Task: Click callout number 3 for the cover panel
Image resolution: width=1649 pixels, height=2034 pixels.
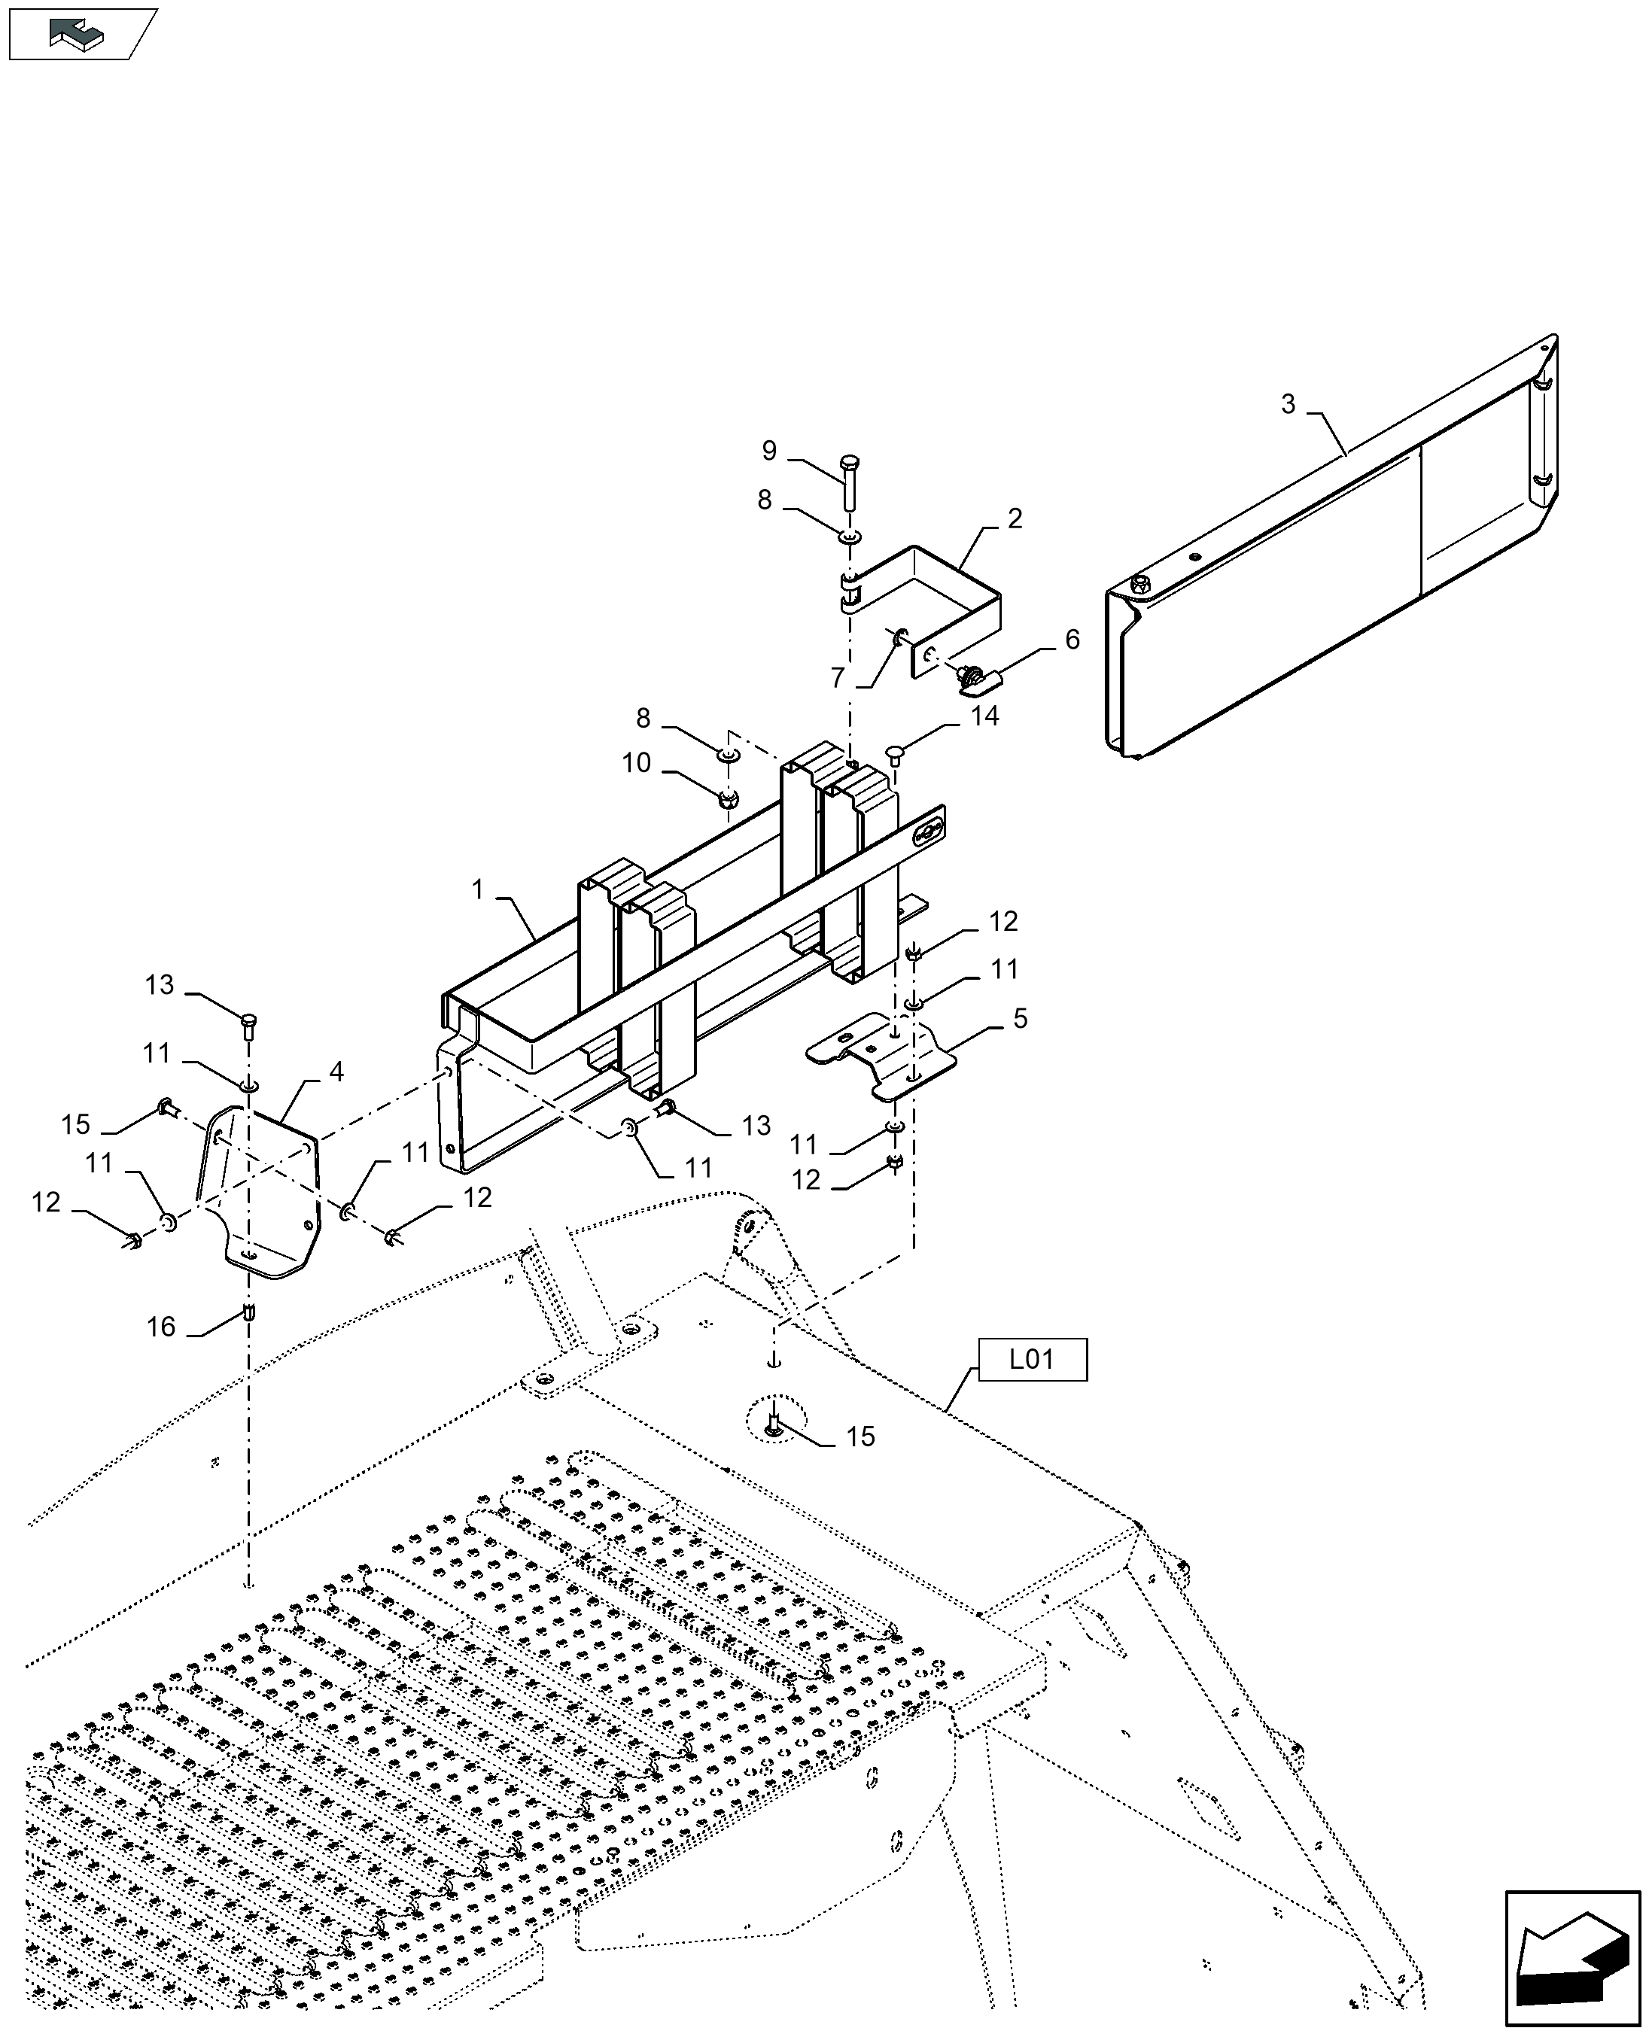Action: (x=1288, y=405)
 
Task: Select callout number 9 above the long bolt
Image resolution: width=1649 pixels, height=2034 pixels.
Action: (x=768, y=450)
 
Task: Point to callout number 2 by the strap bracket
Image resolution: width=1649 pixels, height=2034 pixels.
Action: (x=1015, y=518)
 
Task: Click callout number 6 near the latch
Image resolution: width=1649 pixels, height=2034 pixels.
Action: (x=1072, y=640)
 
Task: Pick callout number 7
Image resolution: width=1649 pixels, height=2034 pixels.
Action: (x=838, y=678)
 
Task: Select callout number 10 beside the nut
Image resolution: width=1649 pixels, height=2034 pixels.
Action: (x=637, y=762)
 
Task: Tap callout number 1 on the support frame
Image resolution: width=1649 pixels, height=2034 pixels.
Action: (x=478, y=889)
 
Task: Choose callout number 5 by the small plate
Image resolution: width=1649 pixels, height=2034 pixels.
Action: (x=1020, y=1019)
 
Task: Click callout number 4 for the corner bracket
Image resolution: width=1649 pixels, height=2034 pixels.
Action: (x=336, y=1072)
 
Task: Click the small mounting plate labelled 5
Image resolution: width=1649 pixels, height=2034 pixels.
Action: (x=884, y=1055)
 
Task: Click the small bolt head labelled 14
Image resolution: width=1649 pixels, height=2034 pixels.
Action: (x=894, y=753)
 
